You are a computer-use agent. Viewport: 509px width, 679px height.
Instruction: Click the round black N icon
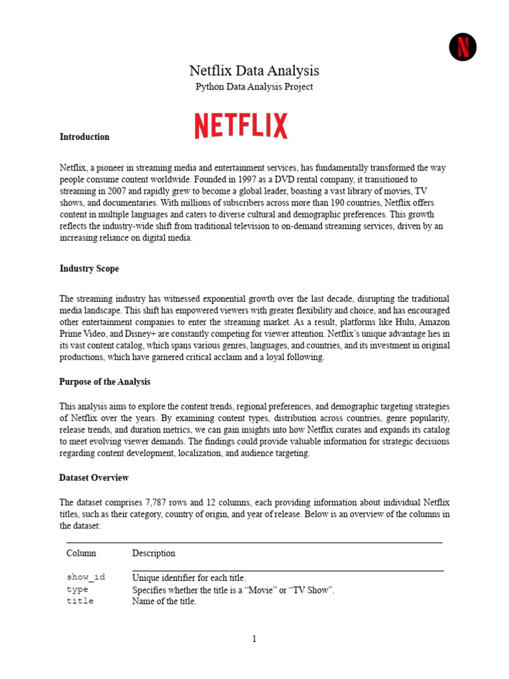(463, 47)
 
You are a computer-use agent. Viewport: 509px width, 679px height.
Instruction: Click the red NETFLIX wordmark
(241, 126)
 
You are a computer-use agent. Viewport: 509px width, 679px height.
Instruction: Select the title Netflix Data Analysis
(254, 70)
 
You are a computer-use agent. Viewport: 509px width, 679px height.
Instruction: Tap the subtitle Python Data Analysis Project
(254, 87)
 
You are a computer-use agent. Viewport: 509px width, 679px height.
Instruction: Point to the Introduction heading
(84, 137)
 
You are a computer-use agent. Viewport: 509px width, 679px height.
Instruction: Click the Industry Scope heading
(89, 269)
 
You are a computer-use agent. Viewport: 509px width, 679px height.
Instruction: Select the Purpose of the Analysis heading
(105, 382)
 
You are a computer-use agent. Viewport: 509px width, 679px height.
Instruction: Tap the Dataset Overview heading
(94, 478)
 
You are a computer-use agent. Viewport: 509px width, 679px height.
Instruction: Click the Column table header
(81, 553)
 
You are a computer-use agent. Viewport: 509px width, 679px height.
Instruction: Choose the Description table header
(154, 553)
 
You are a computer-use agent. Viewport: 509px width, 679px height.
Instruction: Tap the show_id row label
(85, 578)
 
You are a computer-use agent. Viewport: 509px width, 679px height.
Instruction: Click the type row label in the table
(77, 589)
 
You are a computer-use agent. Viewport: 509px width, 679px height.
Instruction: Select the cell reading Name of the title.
(164, 601)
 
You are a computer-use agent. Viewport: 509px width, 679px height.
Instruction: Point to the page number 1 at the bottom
(254, 639)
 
